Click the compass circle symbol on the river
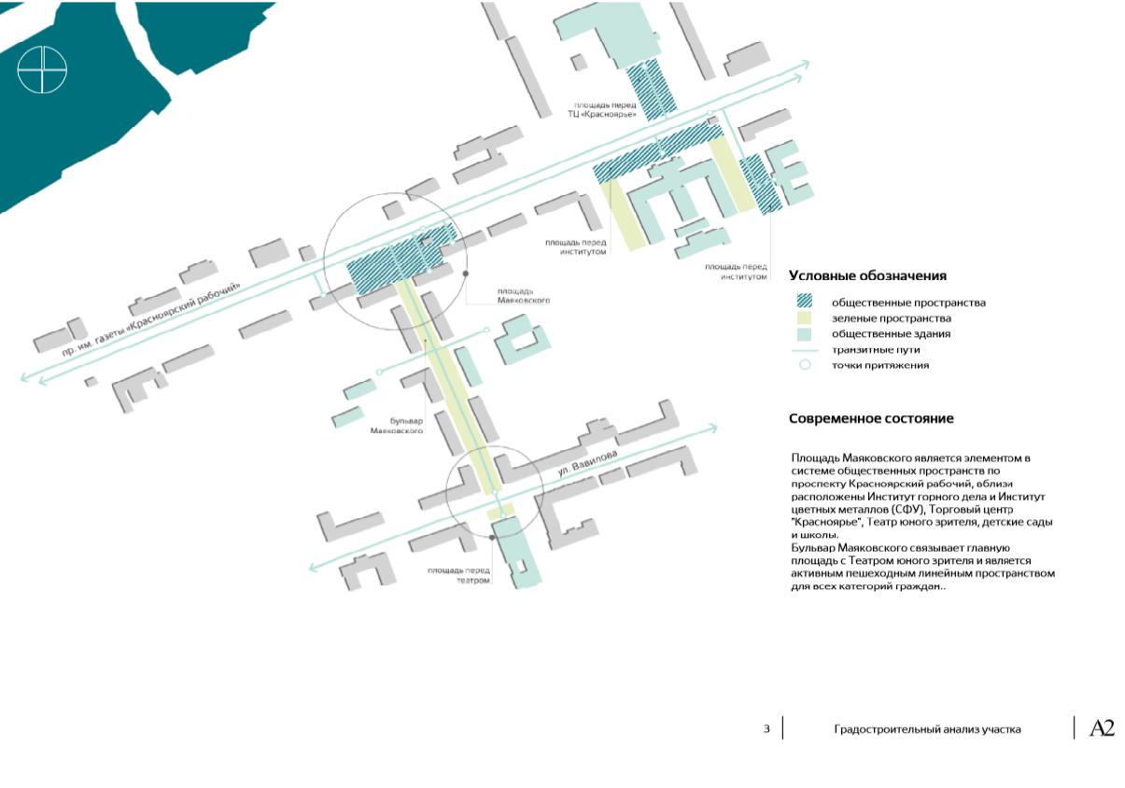pyautogui.click(x=43, y=69)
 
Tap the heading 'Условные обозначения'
pyautogui.click(x=867, y=276)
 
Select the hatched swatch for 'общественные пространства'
pyautogui.click(x=804, y=302)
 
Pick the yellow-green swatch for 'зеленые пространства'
pyautogui.click(x=804, y=317)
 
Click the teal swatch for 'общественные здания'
pyautogui.click(x=804, y=333)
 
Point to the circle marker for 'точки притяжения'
pyautogui.click(x=804, y=365)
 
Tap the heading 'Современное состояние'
pyautogui.click(x=871, y=419)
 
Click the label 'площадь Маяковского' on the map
pyautogui.click(x=524, y=295)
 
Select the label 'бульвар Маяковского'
pyautogui.click(x=403, y=426)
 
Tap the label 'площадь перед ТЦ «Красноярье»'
pyautogui.click(x=607, y=110)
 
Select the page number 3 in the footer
pyautogui.click(x=766, y=729)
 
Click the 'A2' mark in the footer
pyautogui.click(x=1103, y=729)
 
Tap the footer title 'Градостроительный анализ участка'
pyautogui.click(x=927, y=729)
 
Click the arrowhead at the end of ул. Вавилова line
pyautogui.click(x=713, y=429)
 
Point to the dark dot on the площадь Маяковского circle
pyautogui.click(x=466, y=274)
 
